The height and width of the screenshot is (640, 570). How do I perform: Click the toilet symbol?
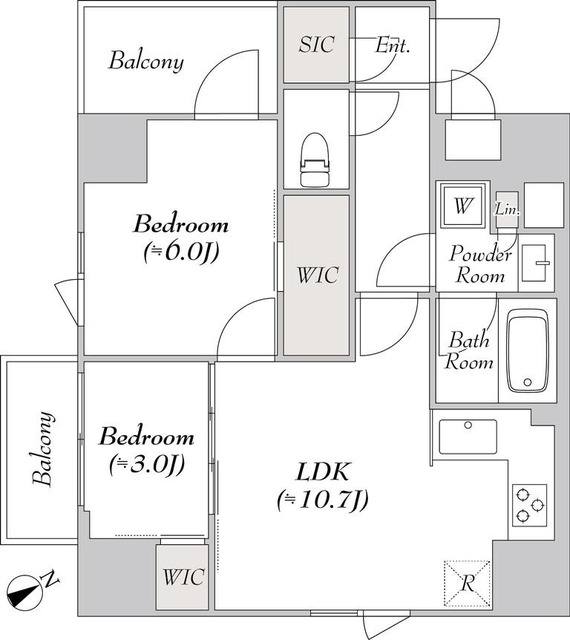pyautogui.click(x=315, y=160)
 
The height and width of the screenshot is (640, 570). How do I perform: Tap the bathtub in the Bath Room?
pyautogui.click(x=528, y=351)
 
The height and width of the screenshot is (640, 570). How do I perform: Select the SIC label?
pyautogui.click(x=317, y=44)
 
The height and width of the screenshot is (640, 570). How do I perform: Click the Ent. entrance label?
pyautogui.click(x=392, y=45)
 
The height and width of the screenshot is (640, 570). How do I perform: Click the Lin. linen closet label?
pyautogui.click(x=508, y=209)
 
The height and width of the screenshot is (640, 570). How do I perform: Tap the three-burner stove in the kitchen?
pyautogui.click(x=530, y=505)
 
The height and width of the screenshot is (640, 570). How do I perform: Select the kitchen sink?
pyautogui.click(x=468, y=437)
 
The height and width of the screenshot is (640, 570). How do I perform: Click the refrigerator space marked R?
pyautogui.click(x=467, y=583)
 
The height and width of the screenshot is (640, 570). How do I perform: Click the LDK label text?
pyautogui.click(x=323, y=472)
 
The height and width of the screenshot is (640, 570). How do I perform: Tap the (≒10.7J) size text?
pyautogui.click(x=323, y=499)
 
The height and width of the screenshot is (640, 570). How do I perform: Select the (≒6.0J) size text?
pyautogui.click(x=181, y=252)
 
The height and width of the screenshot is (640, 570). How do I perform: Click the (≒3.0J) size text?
pyautogui.click(x=147, y=464)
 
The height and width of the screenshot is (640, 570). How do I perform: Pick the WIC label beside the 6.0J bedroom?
pyautogui.click(x=318, y=275)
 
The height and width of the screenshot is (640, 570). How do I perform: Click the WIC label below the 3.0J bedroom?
pyautogui.click(x=183, y=577)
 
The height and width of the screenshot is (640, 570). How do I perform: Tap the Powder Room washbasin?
pyautogui.click(x=536, y=263)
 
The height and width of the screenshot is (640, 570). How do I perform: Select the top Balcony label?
pyautogui.click(x=146, y=61)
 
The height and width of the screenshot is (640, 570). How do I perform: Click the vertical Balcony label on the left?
pyautogui.click(x=43, y=449)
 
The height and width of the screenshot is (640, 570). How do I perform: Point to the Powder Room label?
pyautogui.click(x=480, y=264)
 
